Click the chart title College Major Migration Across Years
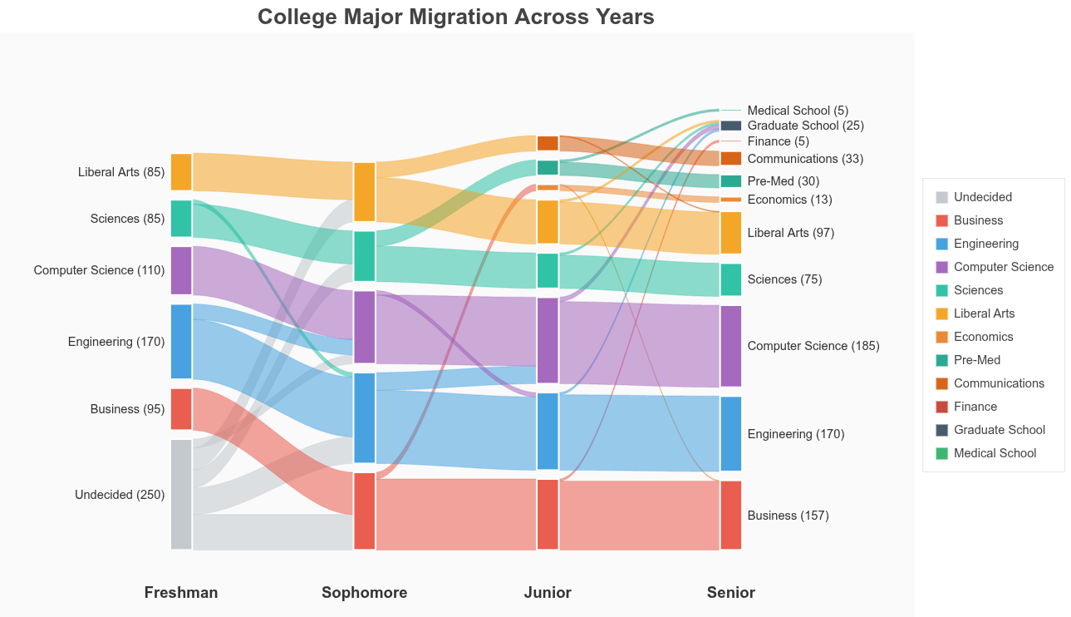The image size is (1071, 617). point(455,17)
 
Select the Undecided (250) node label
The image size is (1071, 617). point(120,495)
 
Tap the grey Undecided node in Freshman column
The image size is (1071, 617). point(181,494)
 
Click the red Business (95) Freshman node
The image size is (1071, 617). point(181,409)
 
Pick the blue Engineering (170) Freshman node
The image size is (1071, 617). point(181,342)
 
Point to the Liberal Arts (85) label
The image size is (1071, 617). point(121,172)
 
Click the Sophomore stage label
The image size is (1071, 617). point(364,592)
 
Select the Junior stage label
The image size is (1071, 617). point(548,592)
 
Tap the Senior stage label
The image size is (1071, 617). point(730,592)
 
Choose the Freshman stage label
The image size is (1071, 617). point(181,592)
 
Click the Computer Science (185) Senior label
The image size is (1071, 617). point(813,346)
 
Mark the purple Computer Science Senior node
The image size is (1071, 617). point(730,346)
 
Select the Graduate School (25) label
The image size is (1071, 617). point(805,126)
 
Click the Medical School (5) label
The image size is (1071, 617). point(798,111)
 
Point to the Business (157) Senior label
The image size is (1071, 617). point(788,516)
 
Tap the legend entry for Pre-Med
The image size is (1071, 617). point(977,360)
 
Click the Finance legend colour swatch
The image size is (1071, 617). point(941,407)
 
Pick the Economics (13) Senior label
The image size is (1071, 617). point(789,200)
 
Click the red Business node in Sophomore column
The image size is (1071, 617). point(365,511)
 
